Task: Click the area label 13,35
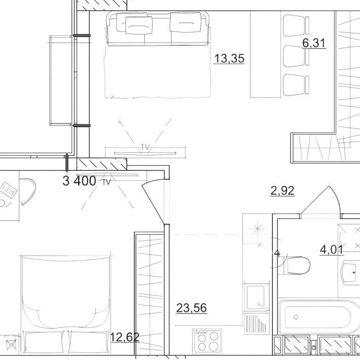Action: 229,59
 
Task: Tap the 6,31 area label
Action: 314,43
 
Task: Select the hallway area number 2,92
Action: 282,191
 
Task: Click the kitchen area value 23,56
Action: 191,307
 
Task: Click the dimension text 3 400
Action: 79,181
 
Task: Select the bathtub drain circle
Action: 296,317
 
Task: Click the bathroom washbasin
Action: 350,272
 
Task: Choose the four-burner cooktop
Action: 206,340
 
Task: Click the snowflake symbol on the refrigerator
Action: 259,227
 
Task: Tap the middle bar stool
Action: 296,54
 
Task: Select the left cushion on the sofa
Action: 134,23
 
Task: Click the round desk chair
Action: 28,191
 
